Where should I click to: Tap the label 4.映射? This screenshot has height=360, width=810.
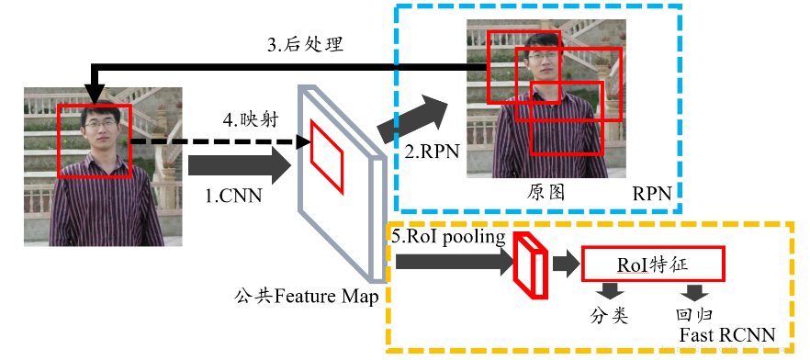click(252, 119)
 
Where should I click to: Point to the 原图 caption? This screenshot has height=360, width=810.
click(545, 192)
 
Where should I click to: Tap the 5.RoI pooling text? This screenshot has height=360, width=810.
click(448, 237)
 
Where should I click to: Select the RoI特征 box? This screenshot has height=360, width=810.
click(653, 264)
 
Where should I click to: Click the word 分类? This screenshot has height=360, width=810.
click(609, 316)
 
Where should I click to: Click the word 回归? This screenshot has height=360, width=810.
click(692, 316)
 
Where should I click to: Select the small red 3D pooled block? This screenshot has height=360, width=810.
click(530, 265)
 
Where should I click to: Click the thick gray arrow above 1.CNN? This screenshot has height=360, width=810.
click(237, 166)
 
